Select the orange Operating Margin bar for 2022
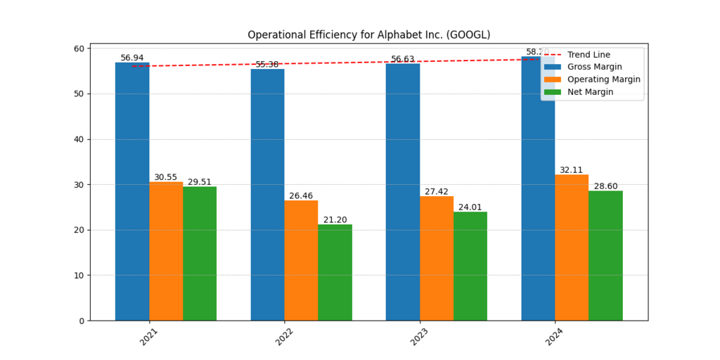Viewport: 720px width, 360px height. click(301, 260)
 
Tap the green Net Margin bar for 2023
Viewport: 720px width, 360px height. click(470, 266)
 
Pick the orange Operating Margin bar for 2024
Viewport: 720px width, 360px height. click(572, 247)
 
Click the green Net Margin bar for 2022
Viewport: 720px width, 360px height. click(335, 272)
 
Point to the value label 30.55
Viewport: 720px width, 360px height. click(166, 177)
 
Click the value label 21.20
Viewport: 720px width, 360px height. click(335, 220)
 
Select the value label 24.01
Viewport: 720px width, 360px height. click(470, 207)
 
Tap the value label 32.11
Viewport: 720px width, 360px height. click(572, 170)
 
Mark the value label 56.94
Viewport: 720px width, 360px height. click(132, 58)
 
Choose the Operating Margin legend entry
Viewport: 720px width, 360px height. click(603, 79)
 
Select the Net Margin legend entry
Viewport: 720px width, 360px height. click(590, 92)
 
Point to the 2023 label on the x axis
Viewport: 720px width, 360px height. click(418, 337)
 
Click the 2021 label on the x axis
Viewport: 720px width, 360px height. click(148, 337)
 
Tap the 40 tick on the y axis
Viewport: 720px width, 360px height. click(79, 139)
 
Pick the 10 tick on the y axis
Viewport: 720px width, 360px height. click(79, 275)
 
